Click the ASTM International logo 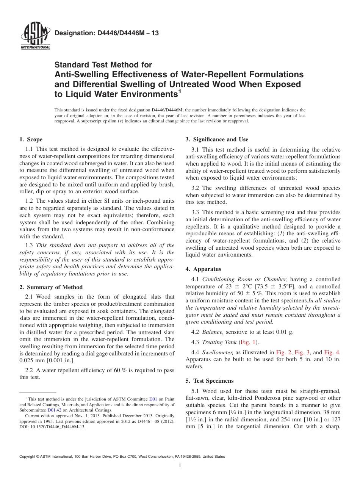(35, 37)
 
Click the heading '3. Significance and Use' (217, 139)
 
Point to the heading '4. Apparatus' (203, 269)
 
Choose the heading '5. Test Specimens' (210, 380)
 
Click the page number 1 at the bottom (180, 466)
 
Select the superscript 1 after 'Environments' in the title (180, 91)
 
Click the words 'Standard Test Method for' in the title (103, 65)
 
